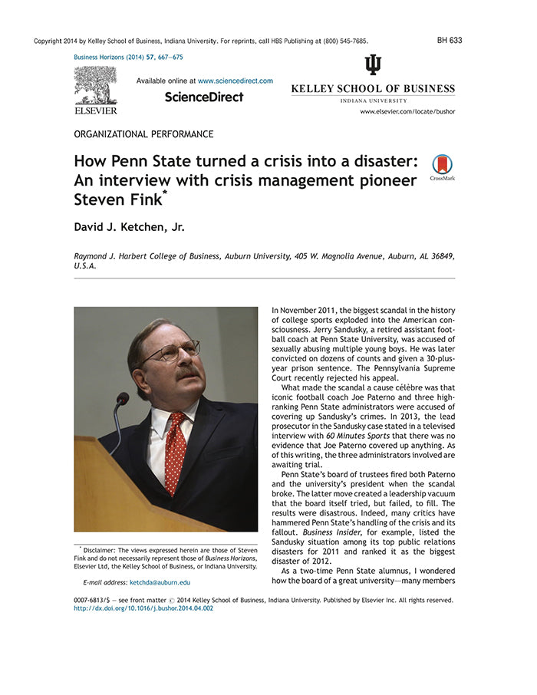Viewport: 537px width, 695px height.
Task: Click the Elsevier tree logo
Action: coord(96,86)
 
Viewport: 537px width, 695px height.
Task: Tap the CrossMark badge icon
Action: coord(442,165)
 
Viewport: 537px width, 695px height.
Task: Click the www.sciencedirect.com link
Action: coord(236,81)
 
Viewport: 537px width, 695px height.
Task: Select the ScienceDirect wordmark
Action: coord(204,97)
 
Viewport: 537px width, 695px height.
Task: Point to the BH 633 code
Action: coord(450,41)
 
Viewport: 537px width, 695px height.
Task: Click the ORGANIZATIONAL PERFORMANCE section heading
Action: coord(143,134)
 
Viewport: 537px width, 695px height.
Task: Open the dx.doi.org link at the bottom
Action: coord(143,608)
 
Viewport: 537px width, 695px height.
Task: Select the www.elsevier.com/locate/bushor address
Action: coord(407,112)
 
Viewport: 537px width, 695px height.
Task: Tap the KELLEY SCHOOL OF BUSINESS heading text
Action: coord(372,89)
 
